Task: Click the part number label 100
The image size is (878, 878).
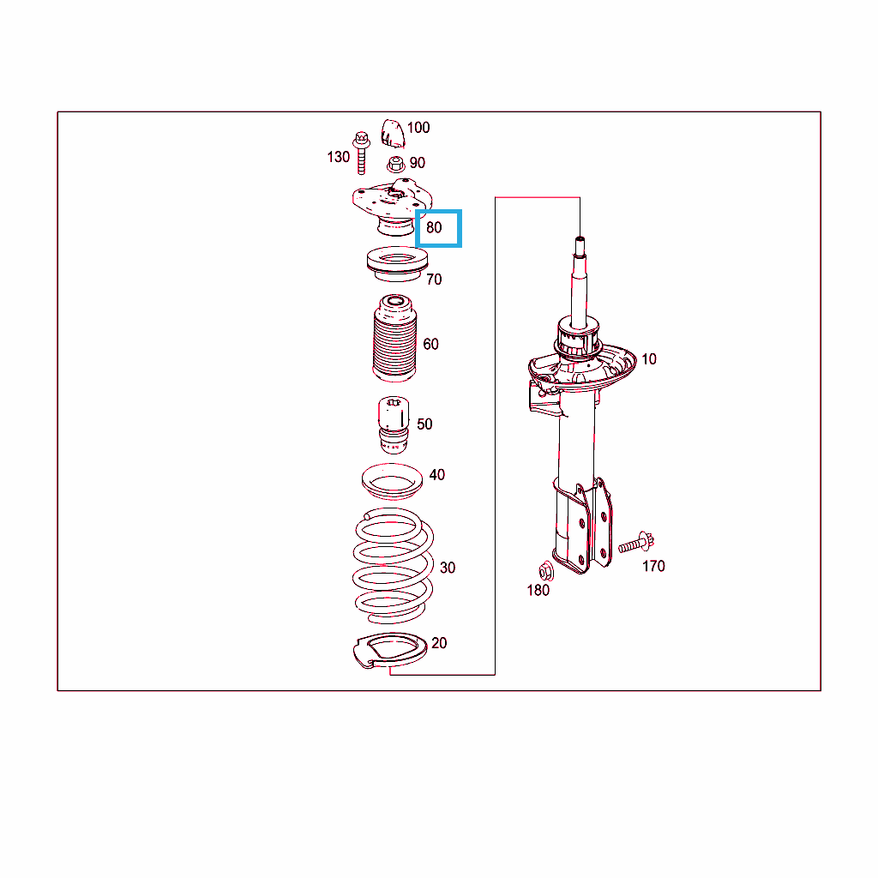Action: [x=418, y=128]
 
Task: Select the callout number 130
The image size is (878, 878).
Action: [x=338, y=157]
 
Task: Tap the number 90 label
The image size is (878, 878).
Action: [x=418, y=163]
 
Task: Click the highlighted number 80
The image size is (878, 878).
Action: [x=434, y=227]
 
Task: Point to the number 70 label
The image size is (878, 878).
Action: [x=434, y=279]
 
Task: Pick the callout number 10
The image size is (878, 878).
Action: [x=649, y=359]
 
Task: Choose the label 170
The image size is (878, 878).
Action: [x=653, y=566]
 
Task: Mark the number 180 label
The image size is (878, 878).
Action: [x=538, y=590]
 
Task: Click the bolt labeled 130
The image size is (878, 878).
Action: [x=361, y=153]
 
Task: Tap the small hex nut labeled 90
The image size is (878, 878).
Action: [x=396, y=165]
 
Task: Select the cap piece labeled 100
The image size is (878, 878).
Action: [x=393, y=133]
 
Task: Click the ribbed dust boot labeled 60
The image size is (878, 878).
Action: [x=394, y=338]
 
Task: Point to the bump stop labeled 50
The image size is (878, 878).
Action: [x=394, y=425]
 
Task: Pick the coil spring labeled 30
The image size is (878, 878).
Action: [x=393, y=566]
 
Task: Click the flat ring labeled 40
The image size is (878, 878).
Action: [x=392, y=480]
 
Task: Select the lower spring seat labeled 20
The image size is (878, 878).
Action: [x=390, y=651]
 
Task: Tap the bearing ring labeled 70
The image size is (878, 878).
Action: [x=397, y=264]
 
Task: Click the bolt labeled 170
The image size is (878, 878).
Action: [x=636, y=543]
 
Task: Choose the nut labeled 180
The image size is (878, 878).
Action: [x=546, y=572]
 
